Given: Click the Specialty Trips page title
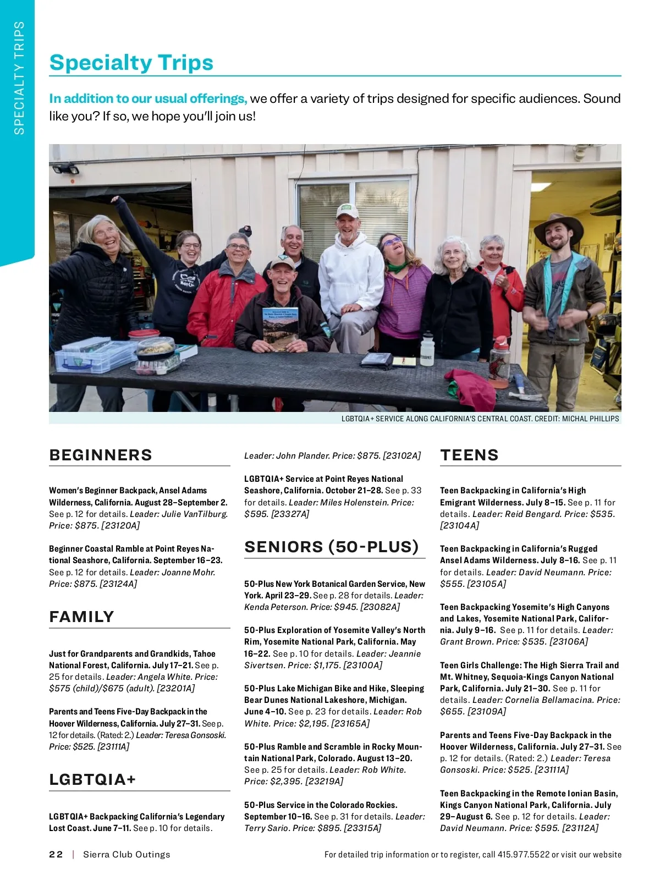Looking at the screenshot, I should click(x=131, y=63).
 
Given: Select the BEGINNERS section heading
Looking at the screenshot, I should click(x=101, y=455).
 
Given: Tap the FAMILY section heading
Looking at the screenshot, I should click(x=81, y=617).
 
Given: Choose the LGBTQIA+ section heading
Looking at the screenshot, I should click(x=92, y=779).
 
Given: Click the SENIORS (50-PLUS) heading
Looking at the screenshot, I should click(x=332, y=547).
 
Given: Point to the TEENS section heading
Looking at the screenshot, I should click(x=469, y=455).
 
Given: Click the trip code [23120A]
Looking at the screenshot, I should click(x=120, y=525).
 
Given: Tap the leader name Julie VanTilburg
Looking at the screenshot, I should click(x=195, y=514).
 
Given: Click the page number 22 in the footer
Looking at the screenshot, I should click(x=56, y=854).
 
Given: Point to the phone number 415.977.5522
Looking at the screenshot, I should click(x=523, y=854).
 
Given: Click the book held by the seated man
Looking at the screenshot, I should click(x=280, y=329).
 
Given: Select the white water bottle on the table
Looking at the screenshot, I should click(x=427, y=349).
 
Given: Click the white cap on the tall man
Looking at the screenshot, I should click(x=348, y=211).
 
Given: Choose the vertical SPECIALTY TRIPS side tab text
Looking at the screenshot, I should click(x=19, y=78).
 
